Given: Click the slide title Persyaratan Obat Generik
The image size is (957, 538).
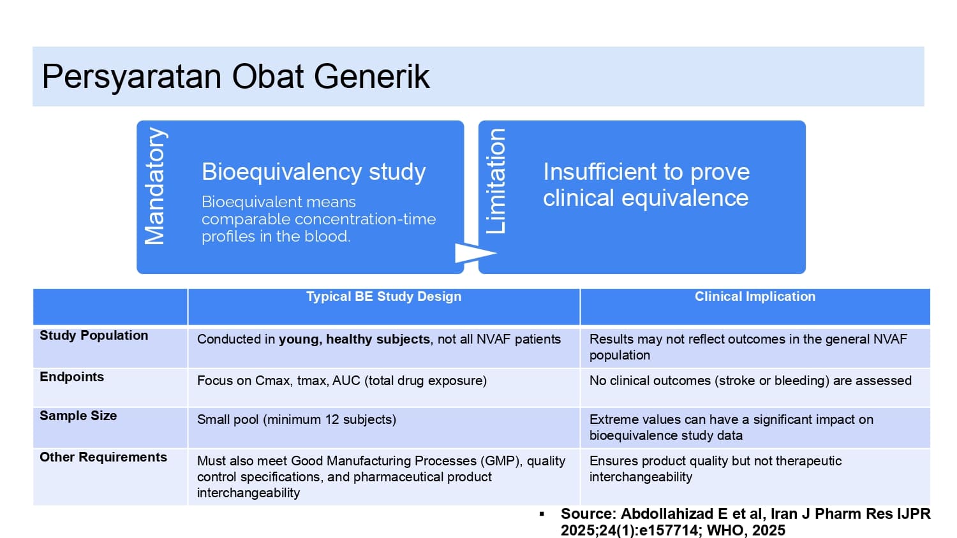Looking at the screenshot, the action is pos(235,77).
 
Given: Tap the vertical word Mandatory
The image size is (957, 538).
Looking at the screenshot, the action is pos(154,186).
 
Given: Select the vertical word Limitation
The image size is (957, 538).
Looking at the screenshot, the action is pos(496,181).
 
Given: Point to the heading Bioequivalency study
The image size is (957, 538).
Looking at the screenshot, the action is pos(314,171).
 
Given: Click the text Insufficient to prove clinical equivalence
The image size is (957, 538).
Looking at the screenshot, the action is pos(646,185).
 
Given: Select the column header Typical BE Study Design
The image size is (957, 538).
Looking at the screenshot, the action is pos(383,296).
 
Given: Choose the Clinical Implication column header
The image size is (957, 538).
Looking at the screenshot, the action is pos(755,296).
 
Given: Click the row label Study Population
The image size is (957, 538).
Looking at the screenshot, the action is pos(94,335).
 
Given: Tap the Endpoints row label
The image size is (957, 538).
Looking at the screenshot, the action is pos(71,377).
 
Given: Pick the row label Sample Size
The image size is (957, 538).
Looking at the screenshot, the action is pos(78,416).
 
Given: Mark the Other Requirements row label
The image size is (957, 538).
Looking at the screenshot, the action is pos(103,457).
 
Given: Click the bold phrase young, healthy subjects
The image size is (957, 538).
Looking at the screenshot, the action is pos(354,340).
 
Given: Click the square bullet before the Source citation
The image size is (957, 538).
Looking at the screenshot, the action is pos(542,514).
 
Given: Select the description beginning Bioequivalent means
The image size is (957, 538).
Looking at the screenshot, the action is pos(319,219).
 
